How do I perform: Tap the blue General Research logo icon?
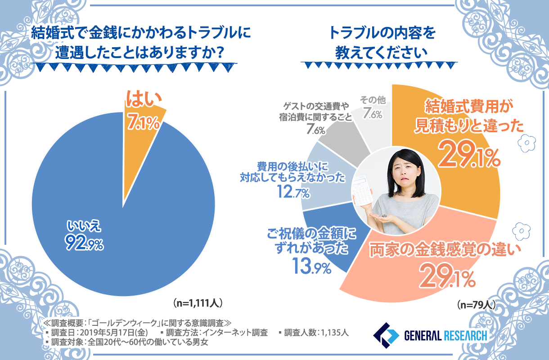tap(386, 335)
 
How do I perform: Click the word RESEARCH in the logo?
tap(465, 335)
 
